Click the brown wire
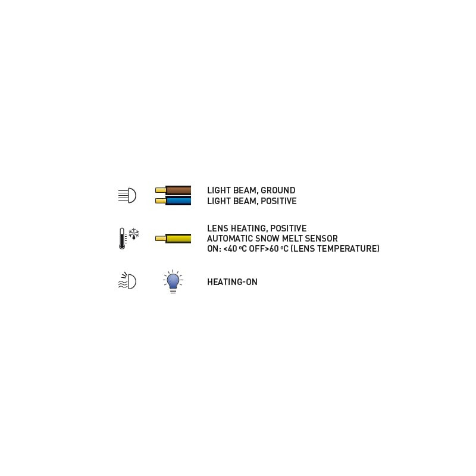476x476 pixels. tap(173, 190)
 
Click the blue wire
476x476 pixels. tap(173, 201)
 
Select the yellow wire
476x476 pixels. tap(173, 239)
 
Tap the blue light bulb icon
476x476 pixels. tap(173, 281)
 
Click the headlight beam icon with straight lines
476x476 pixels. tap(127, 195)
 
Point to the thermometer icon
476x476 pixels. tap(122, 239)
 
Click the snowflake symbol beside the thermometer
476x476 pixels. tap(133, 234)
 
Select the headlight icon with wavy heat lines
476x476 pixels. tap(127, 280)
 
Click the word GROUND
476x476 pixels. tap(278, 190)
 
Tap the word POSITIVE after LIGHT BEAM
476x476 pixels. tap(278, 201)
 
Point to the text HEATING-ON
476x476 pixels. tap(232, 282)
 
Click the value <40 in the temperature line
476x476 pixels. tap(230, 249)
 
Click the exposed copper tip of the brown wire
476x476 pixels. tap(161, 190)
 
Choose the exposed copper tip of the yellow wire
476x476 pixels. tap(161, 239)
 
